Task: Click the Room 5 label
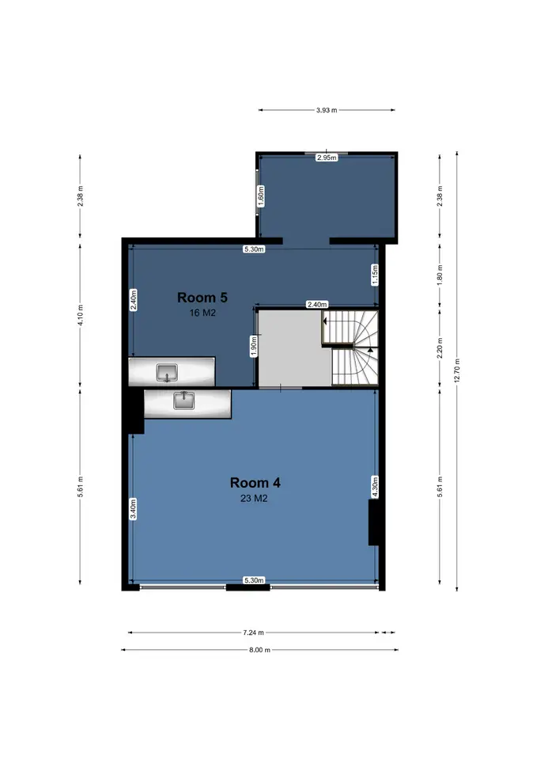tap(202, 297)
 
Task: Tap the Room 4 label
tap(255, 483)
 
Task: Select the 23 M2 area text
tap(254, 498)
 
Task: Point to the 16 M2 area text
tap(202, 313)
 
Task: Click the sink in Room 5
tap(167, 373)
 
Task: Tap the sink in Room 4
tap(184, 401)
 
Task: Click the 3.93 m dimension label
tap(327, 110)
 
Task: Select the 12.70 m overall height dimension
tap(457, 370)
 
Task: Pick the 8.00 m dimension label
tap(259, 650)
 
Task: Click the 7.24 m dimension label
tap(253, 633)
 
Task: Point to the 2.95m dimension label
tap(327, 158)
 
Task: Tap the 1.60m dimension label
tap(261, 196)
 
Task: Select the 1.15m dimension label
tap(376, 275)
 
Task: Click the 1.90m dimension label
tap(254, 347)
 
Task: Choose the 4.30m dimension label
tap(376, 487)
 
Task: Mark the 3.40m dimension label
tap(133, 509)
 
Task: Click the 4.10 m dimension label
tap(81, 315)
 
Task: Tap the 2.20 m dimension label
tap(440, 348)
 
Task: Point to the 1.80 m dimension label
tap(440, 275)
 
